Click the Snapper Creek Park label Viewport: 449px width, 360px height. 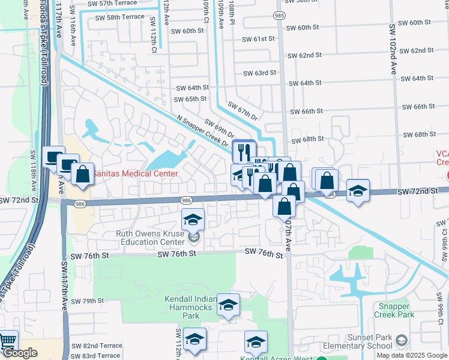(x=394, y=310)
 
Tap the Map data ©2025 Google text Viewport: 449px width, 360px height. (x=411, y=355)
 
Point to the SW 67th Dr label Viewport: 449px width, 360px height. (x=242, y=112)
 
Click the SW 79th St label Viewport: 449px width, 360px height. (x=88, y=301)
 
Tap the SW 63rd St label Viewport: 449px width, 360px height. (x=259, y=73)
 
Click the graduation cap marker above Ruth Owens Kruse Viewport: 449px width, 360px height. (x=193, y=220)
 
